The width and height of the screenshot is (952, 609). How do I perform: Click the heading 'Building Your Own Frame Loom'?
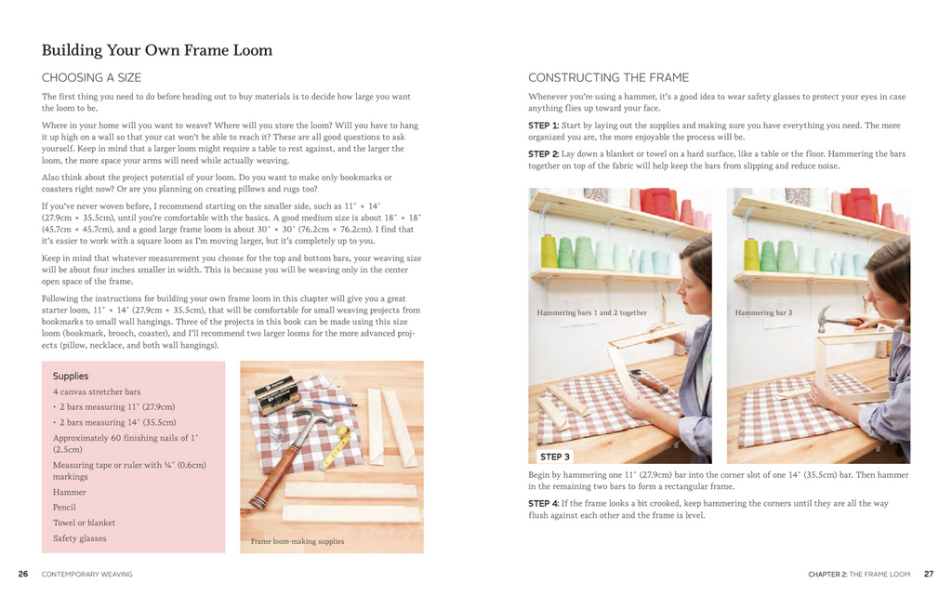point(157,50)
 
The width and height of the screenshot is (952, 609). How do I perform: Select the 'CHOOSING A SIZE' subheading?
point(91,77)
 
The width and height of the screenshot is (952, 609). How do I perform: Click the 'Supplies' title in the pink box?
point(71,376)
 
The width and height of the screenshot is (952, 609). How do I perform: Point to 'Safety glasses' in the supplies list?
point(79,538)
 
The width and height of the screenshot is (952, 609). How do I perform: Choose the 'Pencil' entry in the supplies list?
point(64,508)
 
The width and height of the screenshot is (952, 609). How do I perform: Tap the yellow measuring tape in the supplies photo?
point(337,446)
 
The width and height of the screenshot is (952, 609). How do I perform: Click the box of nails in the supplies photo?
point(276,393)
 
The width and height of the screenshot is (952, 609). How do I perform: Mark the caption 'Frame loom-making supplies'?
point(297,541)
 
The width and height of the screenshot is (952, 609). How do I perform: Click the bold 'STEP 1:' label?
point(543,126)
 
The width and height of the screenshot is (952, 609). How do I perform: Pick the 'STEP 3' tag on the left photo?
point(555,457)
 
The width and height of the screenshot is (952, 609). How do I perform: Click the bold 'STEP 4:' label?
point(543,503)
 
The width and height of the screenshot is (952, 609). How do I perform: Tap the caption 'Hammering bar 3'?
point(763,313)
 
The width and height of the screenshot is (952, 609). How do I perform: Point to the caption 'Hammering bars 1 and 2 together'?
point(591,313)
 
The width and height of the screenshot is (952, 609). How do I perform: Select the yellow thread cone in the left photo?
point(549,251)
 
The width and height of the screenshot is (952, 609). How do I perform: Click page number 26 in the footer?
point(23,575)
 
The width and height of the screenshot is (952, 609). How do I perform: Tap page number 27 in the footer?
point(928,575)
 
